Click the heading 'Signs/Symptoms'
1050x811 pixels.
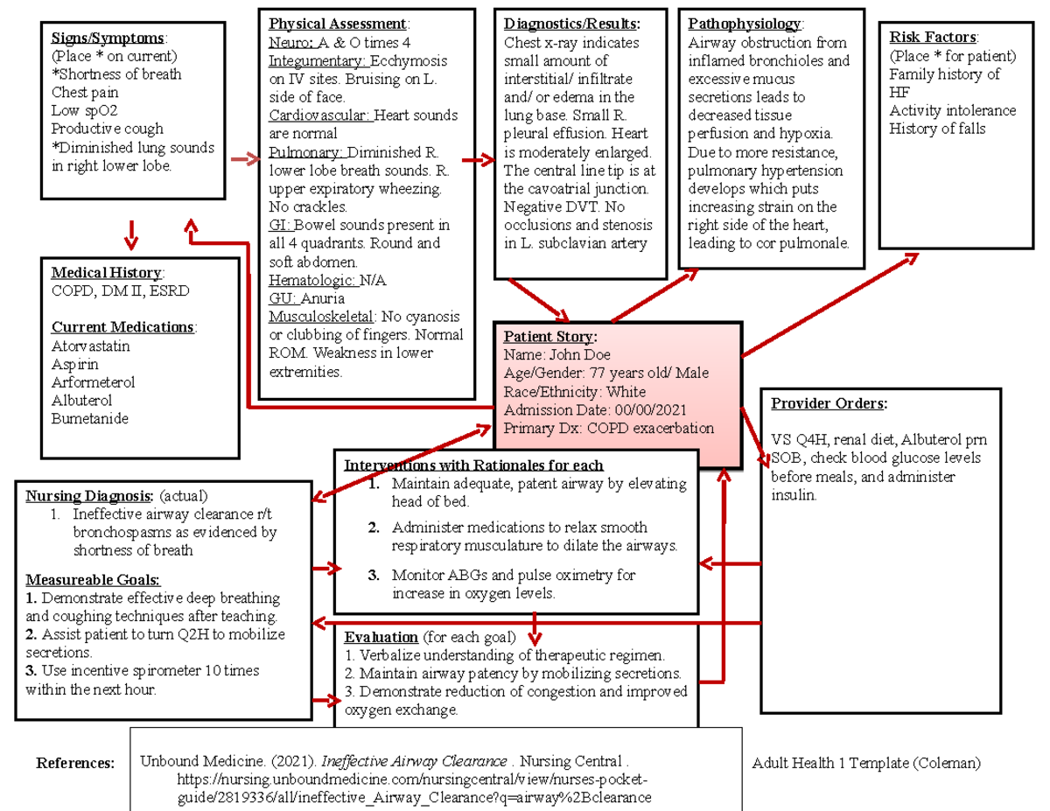click(x=108, y=38)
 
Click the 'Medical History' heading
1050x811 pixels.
click(x=107, y=273)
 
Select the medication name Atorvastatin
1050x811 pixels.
click(x=91, y=346)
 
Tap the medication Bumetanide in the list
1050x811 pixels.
click(x=90, y=418)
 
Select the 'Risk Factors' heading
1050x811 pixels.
click(x=933, y=38)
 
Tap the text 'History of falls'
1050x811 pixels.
click(x=937, y=129)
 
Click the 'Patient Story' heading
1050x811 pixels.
click(x=549, y=336)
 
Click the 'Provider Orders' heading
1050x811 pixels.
click(x=828, y=403)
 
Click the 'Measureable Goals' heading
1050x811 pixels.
click(x=93, y=579)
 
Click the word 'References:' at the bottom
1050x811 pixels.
click(x=75, y=763)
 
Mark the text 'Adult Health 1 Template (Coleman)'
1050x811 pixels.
click(x=866, y=763)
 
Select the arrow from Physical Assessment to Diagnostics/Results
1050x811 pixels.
click(x=478, y=161)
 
